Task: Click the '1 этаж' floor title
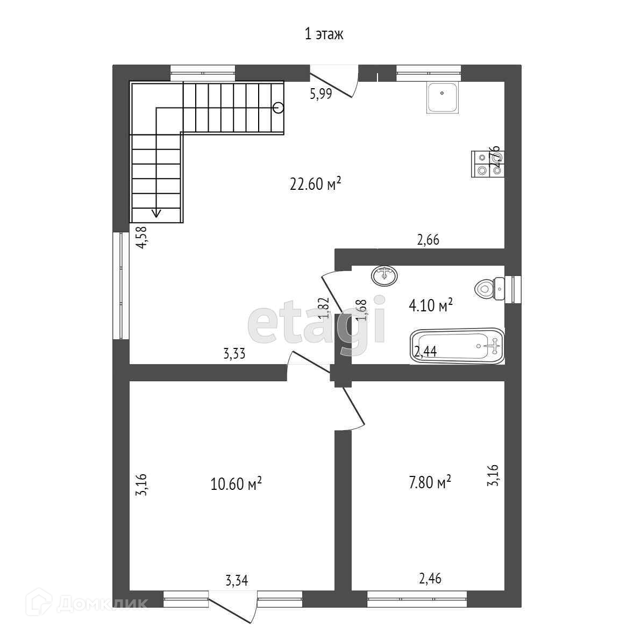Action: click(324, 35)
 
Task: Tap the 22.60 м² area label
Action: click(316, 184)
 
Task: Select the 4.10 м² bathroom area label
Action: click(431, 306)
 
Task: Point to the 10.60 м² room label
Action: click(236, 484)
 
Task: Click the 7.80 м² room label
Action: click(430, 482)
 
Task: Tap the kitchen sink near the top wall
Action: click(442, 97)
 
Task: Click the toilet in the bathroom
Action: click(490, 288)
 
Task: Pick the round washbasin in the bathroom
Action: click(384, 275)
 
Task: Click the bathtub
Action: click(457, 346)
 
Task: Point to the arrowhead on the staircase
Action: click(156, 212)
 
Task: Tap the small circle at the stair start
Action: click(278, 108)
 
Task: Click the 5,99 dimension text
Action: click(320, 94)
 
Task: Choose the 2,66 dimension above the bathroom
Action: click(428, 240)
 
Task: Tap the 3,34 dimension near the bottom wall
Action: click(237, 580)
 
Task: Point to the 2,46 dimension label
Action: click(430, 579)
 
